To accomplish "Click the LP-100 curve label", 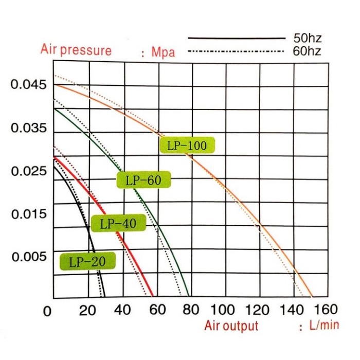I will click(187, 146).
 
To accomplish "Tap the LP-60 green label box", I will click(143, 181).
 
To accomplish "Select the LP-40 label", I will click(118, 224).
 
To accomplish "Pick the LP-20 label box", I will click(87, 262).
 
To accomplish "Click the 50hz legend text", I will click(308, 38).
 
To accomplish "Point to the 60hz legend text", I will click(308, 51).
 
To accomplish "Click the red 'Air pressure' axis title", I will click(76, 50).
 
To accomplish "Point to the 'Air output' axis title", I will click(231, 326).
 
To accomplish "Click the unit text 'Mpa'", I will click(164, 52).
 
